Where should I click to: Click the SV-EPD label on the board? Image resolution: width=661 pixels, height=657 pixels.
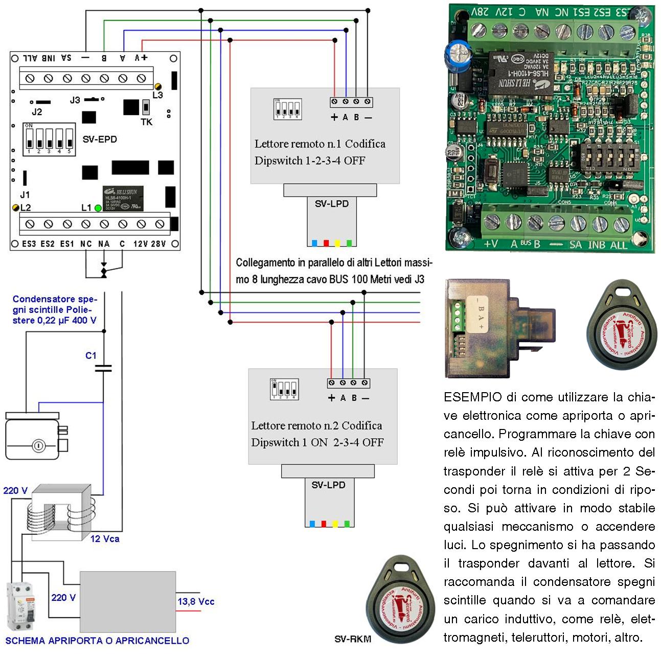tap(100, 139)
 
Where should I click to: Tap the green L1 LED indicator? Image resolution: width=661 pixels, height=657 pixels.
tap(98, 208)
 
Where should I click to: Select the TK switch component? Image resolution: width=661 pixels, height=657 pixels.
tap(146, 108)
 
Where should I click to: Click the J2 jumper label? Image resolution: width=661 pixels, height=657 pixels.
tap(37, 111)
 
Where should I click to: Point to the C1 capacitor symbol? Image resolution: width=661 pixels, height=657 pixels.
tap(103, 368)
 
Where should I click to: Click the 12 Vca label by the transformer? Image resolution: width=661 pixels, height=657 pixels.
tap(105, 538)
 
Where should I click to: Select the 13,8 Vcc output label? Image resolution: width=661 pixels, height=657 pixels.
tap(196, 602)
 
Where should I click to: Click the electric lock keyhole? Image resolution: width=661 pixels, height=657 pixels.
tap(38, 446)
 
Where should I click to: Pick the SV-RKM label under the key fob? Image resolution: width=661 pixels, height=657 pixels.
tap(353, 639)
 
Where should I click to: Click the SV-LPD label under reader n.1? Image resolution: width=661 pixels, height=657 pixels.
tap(331, 203)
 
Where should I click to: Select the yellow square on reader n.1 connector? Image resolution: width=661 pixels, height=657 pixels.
tap(337, 243)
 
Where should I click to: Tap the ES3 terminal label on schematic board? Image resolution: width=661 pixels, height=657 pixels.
tap(29, 244)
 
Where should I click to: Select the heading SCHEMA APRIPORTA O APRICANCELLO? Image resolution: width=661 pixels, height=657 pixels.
tap(97, 641)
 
